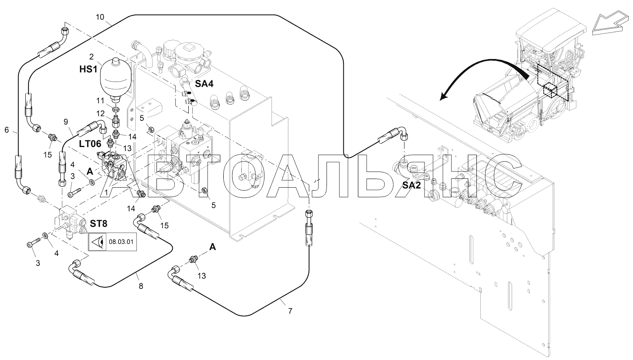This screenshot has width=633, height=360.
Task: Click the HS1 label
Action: [88, 69]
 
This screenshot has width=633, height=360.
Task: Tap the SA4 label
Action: [204, 84]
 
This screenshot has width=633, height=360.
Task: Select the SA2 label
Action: [412, 185]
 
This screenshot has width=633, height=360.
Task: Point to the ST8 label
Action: [99, 224]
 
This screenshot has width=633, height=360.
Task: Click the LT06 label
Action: [90, 144]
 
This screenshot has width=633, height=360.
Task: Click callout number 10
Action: [100, 17]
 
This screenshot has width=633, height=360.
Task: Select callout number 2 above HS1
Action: [91, 57]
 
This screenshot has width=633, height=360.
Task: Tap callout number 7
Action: [290, 311]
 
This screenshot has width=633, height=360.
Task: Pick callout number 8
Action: [141, 286]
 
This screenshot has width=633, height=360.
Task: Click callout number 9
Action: [66, 122]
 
